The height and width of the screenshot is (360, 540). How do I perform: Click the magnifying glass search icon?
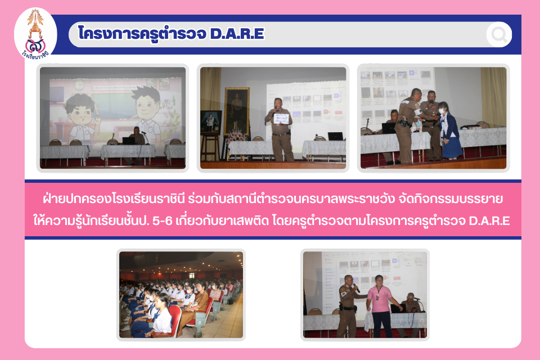[499, 34]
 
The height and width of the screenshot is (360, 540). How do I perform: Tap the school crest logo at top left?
[35, 34]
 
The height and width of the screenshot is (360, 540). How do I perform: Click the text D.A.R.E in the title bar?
[237, 33]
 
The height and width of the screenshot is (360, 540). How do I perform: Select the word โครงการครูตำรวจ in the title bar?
[142, 34]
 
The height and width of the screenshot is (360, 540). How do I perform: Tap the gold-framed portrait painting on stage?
[237, 111]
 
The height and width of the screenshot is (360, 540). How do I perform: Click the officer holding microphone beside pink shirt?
[349, 306]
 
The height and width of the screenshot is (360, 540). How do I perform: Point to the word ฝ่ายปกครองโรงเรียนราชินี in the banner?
[114, 199]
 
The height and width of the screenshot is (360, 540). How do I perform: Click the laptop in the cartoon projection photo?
[129, 141]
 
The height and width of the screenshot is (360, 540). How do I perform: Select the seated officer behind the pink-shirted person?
[410, 303]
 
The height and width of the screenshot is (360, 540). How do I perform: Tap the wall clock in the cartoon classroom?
[79, 85]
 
